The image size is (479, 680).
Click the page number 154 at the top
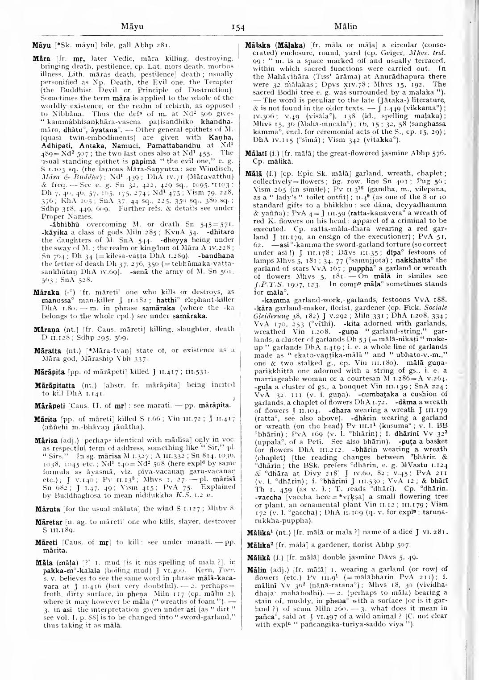[239, 27]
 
